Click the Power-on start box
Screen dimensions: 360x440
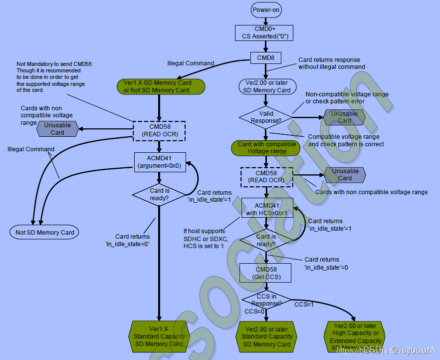(266, 9)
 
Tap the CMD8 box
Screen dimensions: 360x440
(265, 58)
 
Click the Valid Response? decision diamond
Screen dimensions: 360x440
(266, 117)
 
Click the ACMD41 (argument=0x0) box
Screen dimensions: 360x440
(159, 162)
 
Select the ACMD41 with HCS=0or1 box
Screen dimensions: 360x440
(266, 209)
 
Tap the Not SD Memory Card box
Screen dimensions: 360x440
(45, 232)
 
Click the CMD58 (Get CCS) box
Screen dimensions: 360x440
(265, 273)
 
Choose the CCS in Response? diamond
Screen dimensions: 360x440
(266, 300)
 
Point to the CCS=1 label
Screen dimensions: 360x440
(304, 304)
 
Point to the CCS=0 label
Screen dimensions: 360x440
(254, 311)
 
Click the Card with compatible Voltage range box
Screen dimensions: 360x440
(267, 148)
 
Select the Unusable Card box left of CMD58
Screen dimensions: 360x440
(57, 129)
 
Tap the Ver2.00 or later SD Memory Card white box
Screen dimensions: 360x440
(267, 86)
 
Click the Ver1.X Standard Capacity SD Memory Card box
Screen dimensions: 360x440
(159, 336)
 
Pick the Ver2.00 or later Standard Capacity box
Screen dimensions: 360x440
(267, 337)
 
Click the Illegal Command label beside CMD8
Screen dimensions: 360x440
(191, 63)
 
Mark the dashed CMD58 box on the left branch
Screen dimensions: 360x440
(159, 130)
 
